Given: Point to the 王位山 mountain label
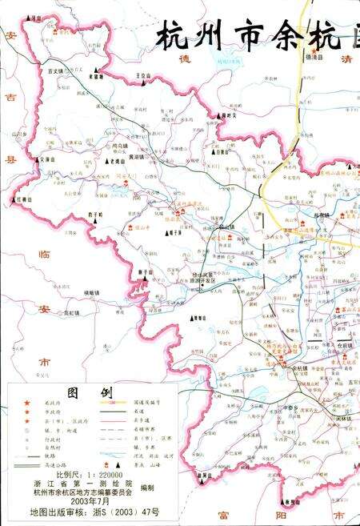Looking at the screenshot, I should point(143,74).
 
